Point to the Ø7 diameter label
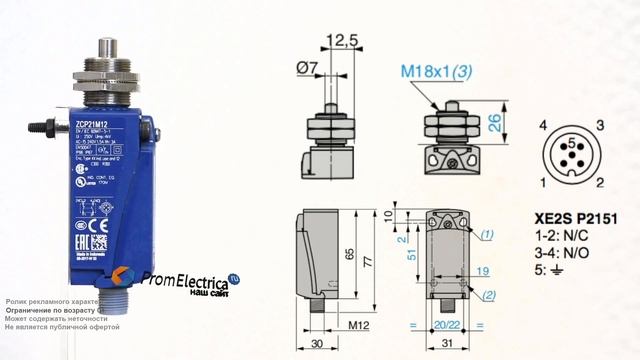[309, 67]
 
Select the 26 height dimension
[494, 123]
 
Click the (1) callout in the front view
[487, 234]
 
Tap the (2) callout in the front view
[487, 296]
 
